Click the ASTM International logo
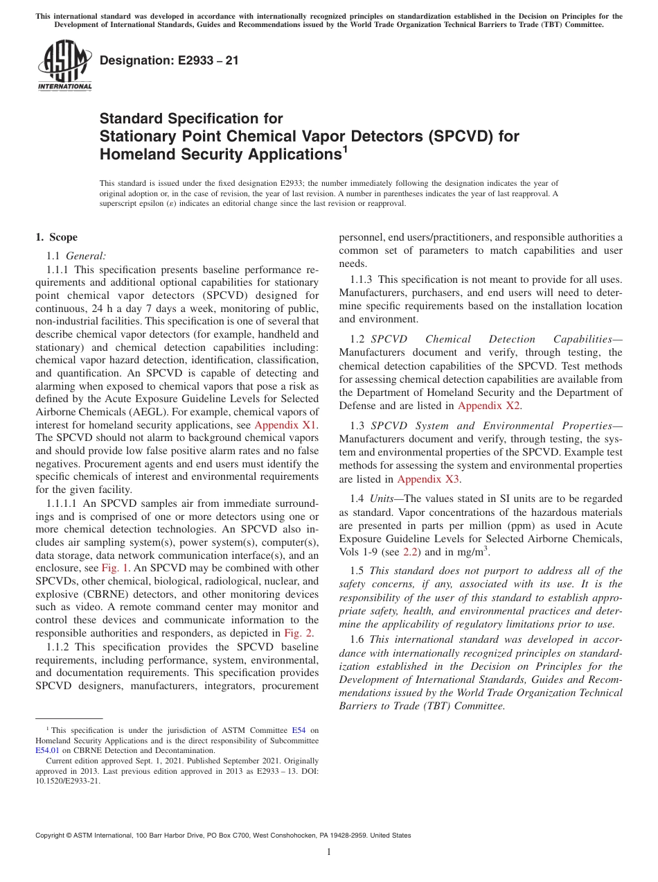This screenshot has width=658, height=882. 64,65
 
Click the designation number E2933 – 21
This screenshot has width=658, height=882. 169,60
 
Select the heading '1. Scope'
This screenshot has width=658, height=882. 56,237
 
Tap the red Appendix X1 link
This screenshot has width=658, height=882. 286,425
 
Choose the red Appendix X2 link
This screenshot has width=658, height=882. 490,406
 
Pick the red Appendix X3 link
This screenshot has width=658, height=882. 429,478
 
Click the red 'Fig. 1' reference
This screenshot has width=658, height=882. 114,567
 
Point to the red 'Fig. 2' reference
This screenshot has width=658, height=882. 299,633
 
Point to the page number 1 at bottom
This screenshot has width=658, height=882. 329,851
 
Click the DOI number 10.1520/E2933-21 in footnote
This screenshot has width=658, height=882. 67,780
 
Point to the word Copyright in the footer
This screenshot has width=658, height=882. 51,836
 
